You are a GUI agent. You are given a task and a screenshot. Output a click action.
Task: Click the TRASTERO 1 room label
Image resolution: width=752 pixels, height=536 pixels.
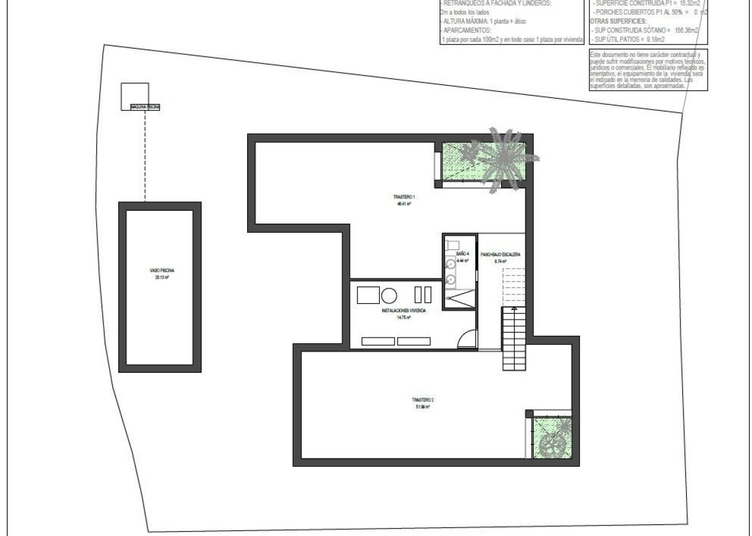tap(404, 197)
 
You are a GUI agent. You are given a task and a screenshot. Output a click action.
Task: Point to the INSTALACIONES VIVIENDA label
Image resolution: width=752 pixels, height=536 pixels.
tap(404, 311)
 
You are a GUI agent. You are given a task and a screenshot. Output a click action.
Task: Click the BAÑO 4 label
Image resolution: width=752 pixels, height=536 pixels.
tap(462, 253)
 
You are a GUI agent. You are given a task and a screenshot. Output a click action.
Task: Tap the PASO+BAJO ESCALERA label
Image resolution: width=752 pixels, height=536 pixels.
tap(501, 254)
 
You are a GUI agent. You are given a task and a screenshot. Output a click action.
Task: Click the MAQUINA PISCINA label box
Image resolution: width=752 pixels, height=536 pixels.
tap(145, 107)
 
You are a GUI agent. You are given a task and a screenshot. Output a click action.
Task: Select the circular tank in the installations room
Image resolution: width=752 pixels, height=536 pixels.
tap(390, 296)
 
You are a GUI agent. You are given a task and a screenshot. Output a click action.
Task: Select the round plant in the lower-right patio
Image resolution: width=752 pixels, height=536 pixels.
tap(552, 442)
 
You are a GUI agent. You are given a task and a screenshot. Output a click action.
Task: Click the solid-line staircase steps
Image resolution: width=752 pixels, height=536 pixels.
tap(513, 338)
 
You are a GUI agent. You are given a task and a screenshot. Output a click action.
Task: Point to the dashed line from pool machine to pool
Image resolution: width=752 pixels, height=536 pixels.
tap(145, 157)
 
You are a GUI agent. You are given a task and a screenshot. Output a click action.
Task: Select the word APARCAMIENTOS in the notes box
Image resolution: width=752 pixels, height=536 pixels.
tap(466, 30)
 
